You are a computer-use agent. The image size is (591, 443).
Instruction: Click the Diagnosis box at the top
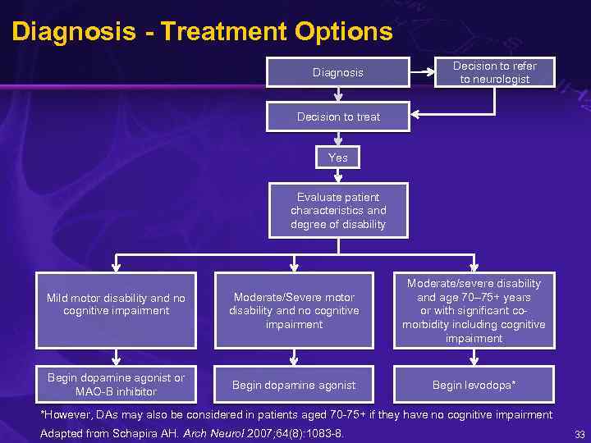point(337,73)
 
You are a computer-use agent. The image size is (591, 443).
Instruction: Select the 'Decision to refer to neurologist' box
point(495,73)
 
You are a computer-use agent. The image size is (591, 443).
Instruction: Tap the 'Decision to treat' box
point(338,116)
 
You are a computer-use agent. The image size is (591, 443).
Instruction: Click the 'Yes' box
point(337,158)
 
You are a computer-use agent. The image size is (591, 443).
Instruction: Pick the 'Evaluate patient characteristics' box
point(337,211)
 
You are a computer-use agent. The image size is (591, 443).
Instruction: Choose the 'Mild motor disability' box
point(116,304)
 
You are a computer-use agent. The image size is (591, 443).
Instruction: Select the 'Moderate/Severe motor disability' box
point(294,310)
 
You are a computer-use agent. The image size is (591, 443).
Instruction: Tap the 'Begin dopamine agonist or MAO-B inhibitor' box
point(116,384)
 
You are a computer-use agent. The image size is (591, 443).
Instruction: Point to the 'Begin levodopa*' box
point(474,385)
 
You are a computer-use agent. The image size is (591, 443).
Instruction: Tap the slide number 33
point(580,433)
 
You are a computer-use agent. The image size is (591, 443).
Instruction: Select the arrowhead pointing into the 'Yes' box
point(337,144)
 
